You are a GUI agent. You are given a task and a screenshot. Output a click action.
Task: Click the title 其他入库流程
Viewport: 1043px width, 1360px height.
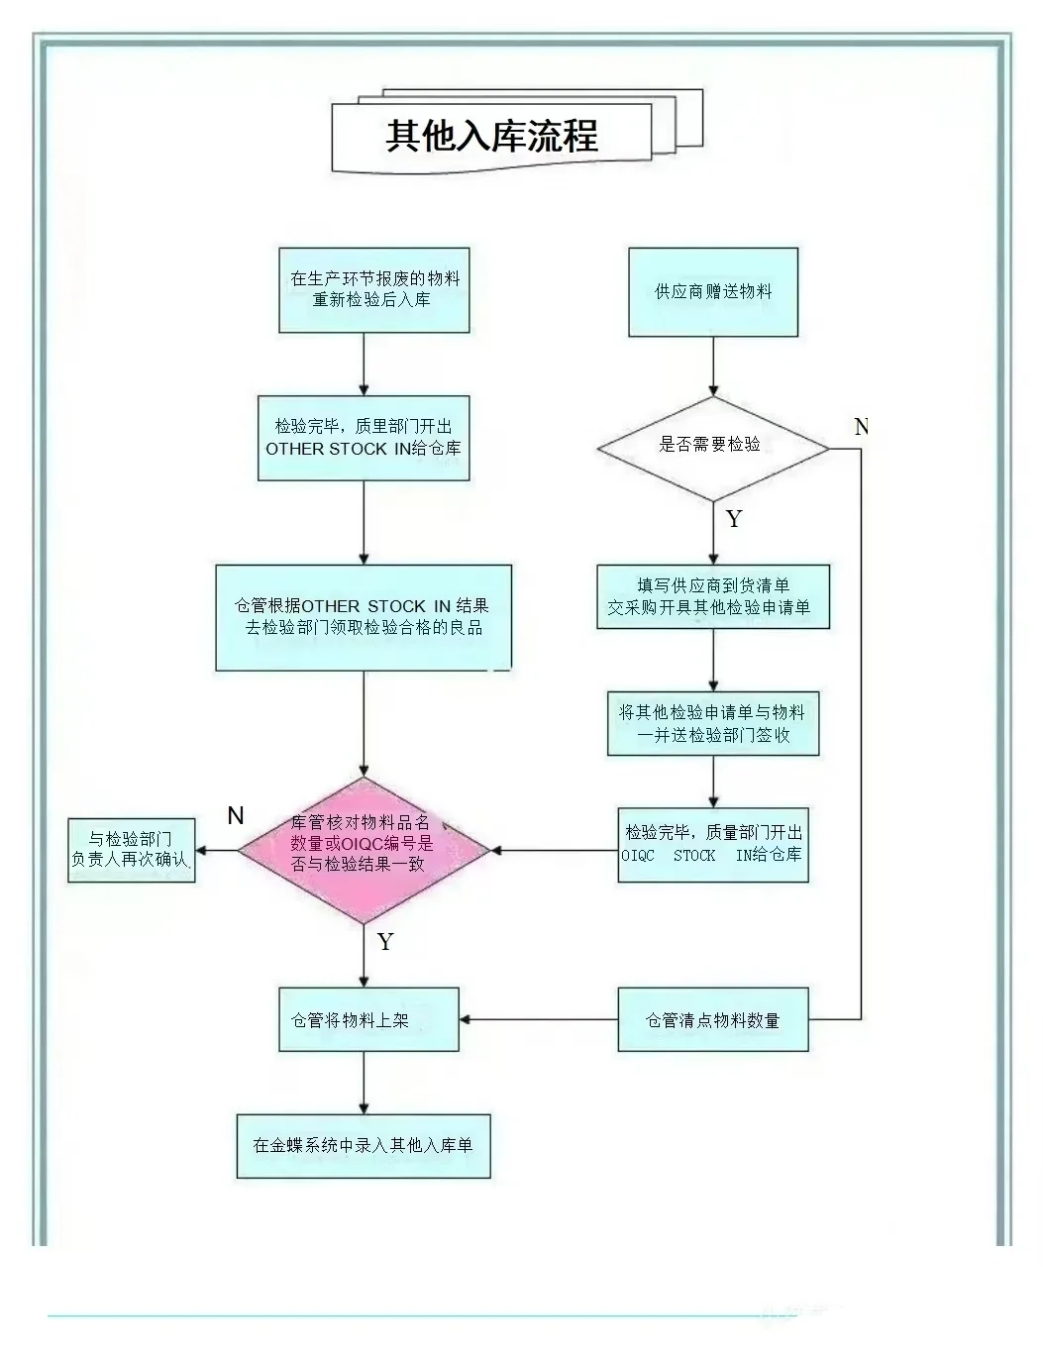[x=491, y=136]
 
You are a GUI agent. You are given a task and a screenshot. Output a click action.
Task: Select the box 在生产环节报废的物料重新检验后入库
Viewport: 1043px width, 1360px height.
[x=374, y=289]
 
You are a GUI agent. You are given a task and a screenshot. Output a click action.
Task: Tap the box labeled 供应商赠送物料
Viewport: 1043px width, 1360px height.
[x=713, y=292]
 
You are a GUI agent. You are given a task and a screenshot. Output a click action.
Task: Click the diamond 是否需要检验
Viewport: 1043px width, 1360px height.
[x=712, y=447]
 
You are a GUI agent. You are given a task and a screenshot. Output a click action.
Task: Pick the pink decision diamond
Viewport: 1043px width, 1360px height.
[x=364, y=849]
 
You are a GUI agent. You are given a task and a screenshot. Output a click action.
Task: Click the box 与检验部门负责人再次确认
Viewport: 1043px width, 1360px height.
[x=131, y=850]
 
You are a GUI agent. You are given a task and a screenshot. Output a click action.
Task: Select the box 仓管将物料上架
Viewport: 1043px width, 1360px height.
[x=367, y=1019]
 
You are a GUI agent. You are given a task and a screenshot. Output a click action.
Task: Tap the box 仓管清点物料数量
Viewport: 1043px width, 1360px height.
[x=713, y=1019]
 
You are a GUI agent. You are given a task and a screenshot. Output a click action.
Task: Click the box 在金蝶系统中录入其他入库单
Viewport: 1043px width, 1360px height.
[x=364, y=1145]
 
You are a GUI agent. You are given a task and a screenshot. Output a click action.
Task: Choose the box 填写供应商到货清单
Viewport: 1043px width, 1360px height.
[x=712, y=596]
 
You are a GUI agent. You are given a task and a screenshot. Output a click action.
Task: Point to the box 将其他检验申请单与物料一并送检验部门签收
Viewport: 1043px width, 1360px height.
[x=713, y=723]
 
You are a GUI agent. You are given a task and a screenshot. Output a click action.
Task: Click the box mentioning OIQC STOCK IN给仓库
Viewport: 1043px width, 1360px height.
[x=713, y=844]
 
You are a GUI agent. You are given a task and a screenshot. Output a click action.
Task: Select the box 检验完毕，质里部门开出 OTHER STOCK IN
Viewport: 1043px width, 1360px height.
[x=364, y=438]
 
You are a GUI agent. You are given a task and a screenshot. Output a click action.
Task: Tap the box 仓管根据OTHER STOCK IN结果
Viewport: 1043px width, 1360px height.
[x=364, y=617]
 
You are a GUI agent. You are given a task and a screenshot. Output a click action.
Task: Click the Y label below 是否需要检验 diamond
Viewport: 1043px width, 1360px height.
[x=734, y=519]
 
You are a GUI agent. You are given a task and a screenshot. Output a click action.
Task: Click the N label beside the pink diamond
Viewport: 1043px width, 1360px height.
[x=236, y=815]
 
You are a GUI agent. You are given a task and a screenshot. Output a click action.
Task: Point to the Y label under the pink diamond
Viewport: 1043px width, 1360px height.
[x=385, y=942]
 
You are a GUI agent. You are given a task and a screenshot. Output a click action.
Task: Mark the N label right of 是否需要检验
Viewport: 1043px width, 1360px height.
[x=861, y=427]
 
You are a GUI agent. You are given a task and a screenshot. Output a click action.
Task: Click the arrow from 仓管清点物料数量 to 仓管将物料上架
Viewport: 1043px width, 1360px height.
[x=538, y=1019]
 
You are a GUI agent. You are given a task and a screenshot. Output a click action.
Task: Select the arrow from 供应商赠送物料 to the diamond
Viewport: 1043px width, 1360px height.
[x=713, y=366]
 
